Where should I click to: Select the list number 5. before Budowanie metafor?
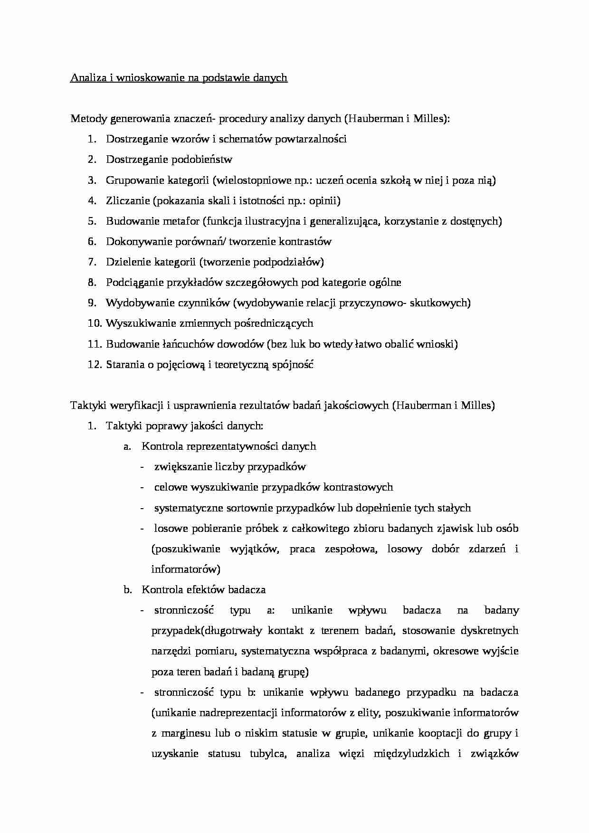[x=92, y=221]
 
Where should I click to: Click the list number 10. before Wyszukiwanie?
[x=94, y=323]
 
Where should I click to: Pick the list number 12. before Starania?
[x=94, y=365]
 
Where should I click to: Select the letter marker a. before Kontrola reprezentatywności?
[x=127, y=446]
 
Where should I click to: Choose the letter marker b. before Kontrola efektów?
[x=127, y=590]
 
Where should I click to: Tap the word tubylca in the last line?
[x=267, y=754]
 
